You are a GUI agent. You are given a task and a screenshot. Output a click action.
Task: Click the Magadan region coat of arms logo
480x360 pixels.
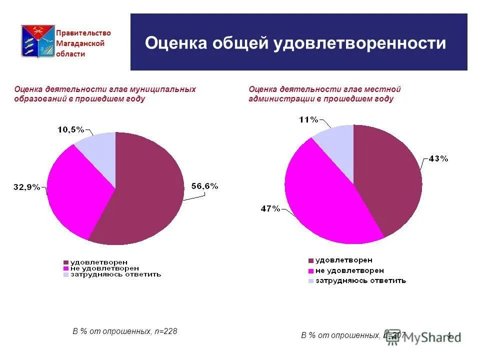37,41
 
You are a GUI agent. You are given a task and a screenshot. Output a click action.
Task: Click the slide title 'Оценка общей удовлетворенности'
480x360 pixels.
295,43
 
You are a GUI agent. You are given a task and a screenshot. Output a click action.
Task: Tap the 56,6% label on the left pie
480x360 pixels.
205,186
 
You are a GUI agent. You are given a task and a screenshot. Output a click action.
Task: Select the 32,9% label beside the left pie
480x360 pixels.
26,187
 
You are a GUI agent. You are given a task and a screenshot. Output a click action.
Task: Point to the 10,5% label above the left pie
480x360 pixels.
70,129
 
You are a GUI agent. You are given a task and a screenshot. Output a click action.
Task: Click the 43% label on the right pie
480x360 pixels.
438,158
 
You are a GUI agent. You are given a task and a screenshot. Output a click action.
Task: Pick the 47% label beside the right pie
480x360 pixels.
270,209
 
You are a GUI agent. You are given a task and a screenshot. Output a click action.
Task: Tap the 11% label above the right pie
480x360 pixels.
308,119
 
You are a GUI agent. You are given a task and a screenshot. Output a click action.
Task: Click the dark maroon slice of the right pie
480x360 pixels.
390,175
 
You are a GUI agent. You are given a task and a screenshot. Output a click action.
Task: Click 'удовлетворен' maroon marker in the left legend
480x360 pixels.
66,262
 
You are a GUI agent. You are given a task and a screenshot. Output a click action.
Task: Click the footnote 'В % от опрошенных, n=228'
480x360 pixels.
125,331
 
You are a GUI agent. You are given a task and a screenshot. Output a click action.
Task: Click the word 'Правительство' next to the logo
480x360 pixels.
83,33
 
